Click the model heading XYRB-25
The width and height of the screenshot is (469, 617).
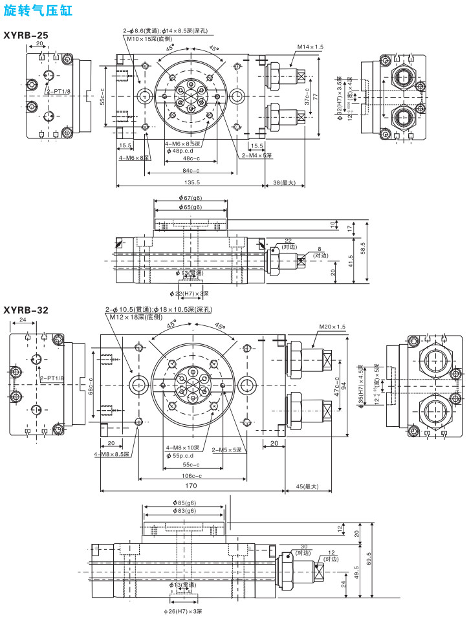tap(27, 34)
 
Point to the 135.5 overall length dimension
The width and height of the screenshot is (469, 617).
tap(190, 182)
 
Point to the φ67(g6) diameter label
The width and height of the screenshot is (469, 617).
tap(190, 198)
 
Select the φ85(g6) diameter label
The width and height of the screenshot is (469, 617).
tap(184, 503)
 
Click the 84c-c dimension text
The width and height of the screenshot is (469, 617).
tap(190, 171)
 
